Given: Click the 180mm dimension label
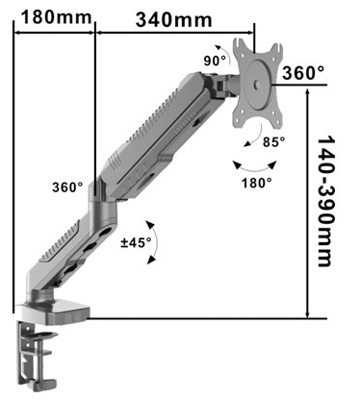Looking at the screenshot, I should pyautogui.click(x=47, y=16).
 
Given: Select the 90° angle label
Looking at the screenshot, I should pyautogui.click(x=215, y=60).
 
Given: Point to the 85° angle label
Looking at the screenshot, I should pyautogui.click(x=274, y=143).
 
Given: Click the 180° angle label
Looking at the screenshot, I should pyautogui.click(x=256, y=181).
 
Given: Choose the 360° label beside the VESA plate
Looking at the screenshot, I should pyautogui.click(x=304, y=73).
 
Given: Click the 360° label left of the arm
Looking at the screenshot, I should pyautogui.click(x=67, y=187).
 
